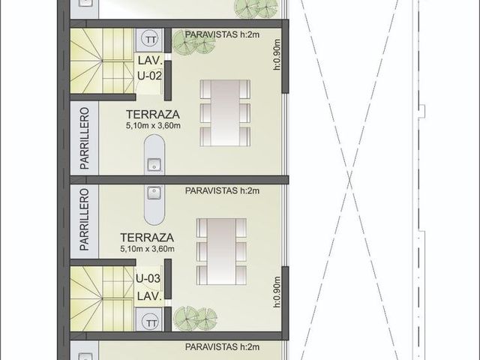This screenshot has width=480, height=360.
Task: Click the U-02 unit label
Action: [149, 76]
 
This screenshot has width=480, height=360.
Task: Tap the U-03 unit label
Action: [148, 278]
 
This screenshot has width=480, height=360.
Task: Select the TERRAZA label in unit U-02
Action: [153, 115]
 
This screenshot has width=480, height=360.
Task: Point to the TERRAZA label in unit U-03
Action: [147, 238]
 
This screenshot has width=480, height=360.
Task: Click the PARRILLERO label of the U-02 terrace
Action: [85, 138]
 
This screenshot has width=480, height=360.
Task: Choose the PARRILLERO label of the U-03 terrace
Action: [85, 220]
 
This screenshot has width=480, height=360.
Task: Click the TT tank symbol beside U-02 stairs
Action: [150, 40]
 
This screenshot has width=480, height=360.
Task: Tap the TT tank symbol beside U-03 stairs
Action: [150, 323]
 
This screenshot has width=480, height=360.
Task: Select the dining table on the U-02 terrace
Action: [225, 112]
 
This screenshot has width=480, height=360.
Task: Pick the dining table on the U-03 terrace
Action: [221, 251]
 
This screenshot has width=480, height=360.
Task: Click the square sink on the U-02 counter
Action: [154, 165]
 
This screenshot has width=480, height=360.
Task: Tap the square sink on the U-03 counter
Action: [154, 193]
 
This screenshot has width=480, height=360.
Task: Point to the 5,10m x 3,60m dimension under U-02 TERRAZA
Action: [153, 125]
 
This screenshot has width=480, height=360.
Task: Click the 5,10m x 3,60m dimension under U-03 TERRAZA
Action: [147, 249]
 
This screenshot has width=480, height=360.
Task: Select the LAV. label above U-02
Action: [150, 61]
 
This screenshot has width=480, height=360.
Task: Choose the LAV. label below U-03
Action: [149, 296]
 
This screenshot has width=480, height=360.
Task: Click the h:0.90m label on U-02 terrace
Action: [277, 54]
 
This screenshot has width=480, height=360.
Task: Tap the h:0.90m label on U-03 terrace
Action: [277, 292]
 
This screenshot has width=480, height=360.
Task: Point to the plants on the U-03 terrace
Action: [195, 318]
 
